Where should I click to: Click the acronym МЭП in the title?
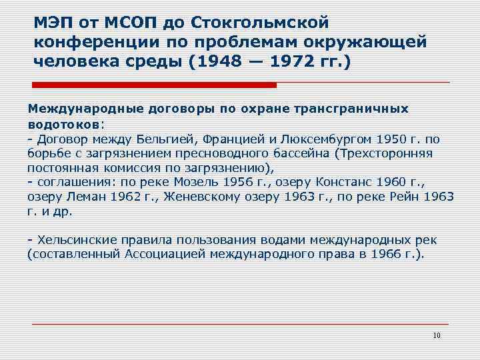click(x=53, y=23)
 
